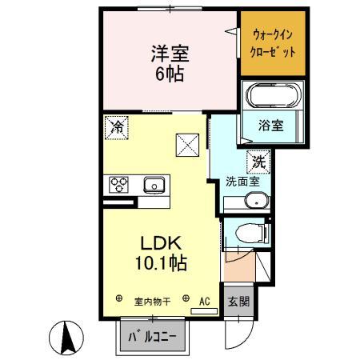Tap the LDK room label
click(x=166, y=242)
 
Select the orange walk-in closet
click(x=274, y=42)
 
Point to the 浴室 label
click(x=270, y=126)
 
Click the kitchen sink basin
click(x=154, y=186)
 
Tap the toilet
click(x=250, y=233)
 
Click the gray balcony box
click(x=153, y=337)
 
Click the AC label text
click(x=205, y=301)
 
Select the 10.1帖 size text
click(x=166, y=262)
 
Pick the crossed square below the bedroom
click(x=187, y=145)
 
